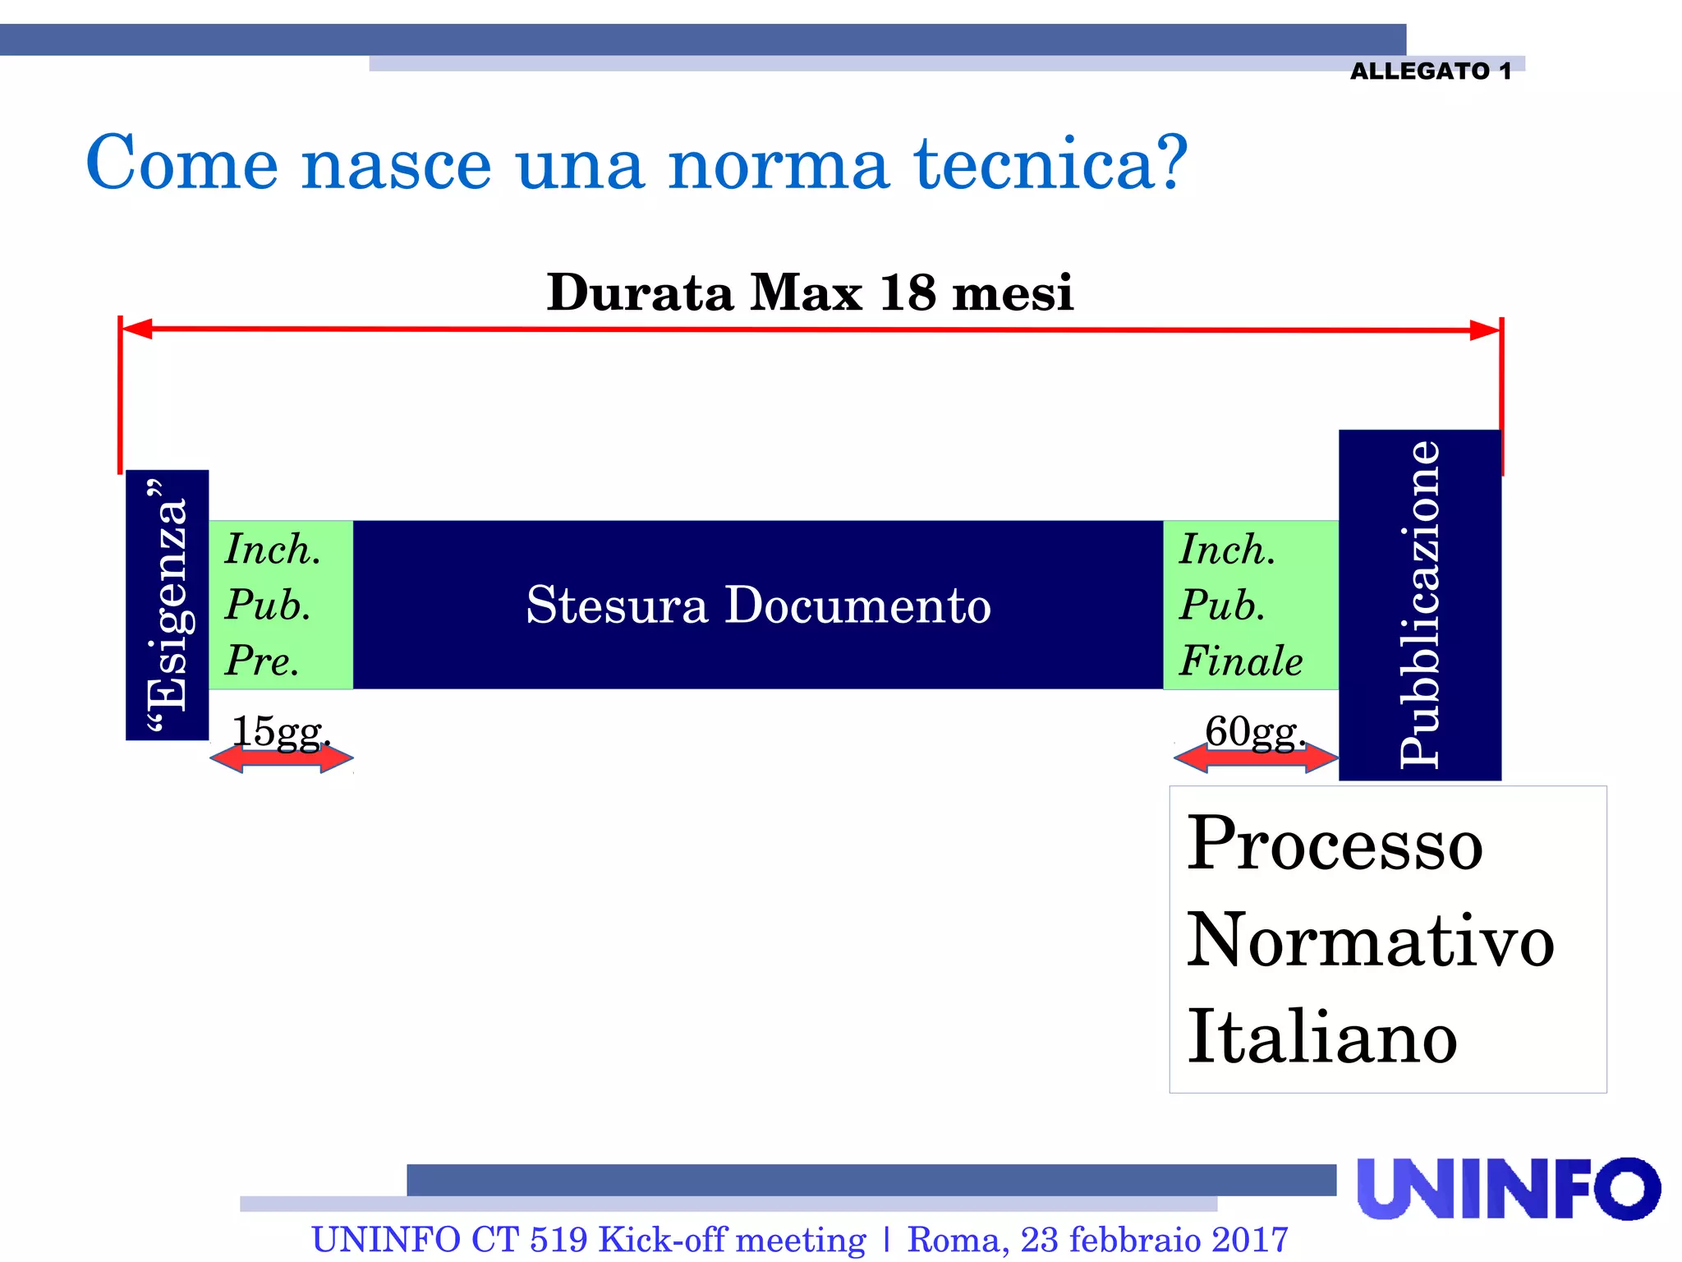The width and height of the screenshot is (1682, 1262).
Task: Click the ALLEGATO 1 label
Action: tap(1430, 71)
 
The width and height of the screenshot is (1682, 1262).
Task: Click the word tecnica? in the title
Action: tap(1051, 163)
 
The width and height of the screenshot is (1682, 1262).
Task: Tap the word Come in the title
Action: tap(182, 163)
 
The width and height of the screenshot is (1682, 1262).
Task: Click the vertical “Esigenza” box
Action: tap(167, 605)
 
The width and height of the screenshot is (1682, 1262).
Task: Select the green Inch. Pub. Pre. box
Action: tap(280, 605)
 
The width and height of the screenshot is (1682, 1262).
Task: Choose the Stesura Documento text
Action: tap(758, 606)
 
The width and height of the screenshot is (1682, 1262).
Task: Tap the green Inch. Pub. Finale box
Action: tap(1250, 605)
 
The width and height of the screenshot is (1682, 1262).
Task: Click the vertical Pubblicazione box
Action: tap(1419, 605)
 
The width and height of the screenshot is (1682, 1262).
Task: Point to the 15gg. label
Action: tap(280, 730)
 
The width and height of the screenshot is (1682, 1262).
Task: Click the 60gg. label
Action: tap(1254, 730)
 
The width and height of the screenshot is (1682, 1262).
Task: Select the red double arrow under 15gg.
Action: tap(282, 758)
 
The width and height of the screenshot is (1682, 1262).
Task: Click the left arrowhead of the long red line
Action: tap(137, 329)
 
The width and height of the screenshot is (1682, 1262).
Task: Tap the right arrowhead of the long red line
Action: tap(1485, 330)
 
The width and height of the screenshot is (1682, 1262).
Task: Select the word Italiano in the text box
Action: tap(1321, 1036)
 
